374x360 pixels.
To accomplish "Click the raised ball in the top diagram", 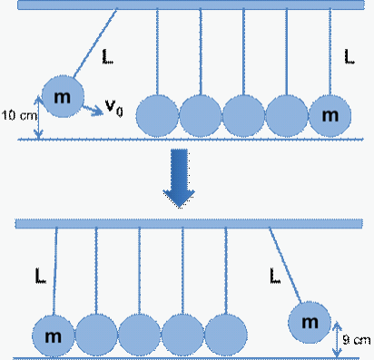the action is coord(63,96).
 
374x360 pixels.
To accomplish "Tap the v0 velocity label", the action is coord(114,108).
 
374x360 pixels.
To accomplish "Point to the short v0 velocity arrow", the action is coord(93,110).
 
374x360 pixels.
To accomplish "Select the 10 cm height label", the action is coord(19,115).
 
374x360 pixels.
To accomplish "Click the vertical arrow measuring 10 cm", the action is coord(39,117).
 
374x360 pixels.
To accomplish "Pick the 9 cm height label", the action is coord(357,340).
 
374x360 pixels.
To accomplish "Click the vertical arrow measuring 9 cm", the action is coord(337,339).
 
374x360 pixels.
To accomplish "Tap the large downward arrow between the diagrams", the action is coord(179,179).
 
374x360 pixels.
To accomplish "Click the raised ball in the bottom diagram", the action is coord(310,322).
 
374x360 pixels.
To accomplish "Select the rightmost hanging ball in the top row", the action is coord(330,116).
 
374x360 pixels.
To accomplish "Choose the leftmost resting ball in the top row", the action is coord(157,116).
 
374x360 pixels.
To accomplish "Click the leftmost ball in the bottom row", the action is coord(54,336).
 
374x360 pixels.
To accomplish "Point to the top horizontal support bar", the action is coord(191,5).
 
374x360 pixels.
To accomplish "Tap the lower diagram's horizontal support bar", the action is coord(189,223).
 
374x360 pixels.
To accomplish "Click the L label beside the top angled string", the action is coord(107,57).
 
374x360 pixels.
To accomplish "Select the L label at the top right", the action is coord(349,56).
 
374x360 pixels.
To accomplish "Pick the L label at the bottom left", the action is coord(41,276).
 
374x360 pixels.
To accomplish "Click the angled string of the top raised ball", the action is coord(94,43).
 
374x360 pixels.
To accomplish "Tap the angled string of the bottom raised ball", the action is coord(285,265).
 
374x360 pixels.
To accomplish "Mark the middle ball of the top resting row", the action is coord(243,116).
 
